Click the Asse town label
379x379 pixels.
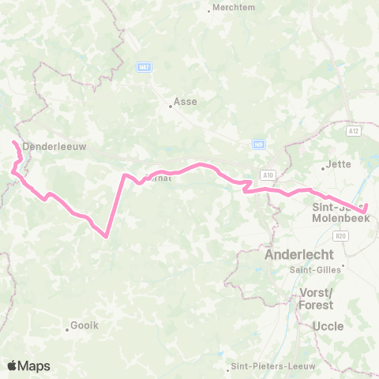click(x=186, y=102)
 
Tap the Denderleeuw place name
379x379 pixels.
click(x=54, y=146)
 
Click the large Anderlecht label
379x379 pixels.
click(x=299, y=255)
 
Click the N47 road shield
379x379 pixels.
click(x=143, y=68)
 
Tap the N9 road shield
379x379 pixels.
click(x=258, y=144)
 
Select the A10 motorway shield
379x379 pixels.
click(x=269, y=174)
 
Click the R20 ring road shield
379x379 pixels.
click(x=341, y=235)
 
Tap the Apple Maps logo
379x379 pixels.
click(x=28, y=366)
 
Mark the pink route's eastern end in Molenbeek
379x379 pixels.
click(x=368, y=209)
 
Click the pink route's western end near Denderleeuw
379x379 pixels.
click(x=13, y=142)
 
